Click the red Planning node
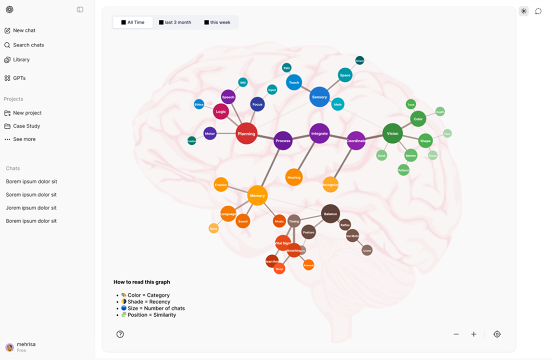246,134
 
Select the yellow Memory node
257,196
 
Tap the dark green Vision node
392,133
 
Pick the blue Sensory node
319,97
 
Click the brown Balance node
330,214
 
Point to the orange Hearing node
294,177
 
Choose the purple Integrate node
319,134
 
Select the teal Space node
345,75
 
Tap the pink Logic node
221,112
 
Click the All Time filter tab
133,23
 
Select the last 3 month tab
175,23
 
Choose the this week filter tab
217,23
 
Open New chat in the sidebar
24,30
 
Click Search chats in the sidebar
28,45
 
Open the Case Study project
26,126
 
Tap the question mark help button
120,334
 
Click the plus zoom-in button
474,334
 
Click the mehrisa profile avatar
10,347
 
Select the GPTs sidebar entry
19,78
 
